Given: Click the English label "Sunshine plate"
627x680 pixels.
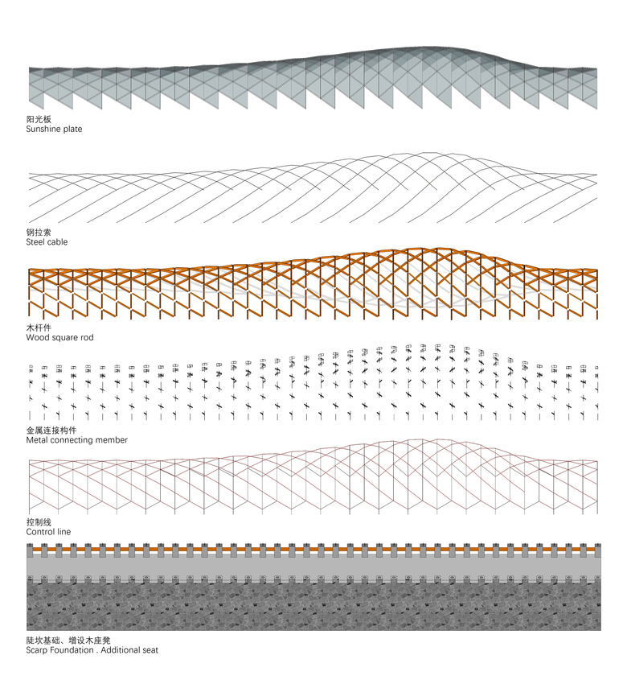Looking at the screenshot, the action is (x=54, y=129).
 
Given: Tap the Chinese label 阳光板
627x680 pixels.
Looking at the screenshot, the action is (x=39, y=119).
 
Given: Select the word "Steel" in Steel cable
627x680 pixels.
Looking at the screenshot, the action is (x=35, y=242).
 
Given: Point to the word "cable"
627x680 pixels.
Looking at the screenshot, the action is (x=56, y=242).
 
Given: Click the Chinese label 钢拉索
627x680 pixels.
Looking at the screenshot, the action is (x=39, y=233).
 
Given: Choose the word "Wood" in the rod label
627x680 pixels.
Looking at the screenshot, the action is (x=36, y=337).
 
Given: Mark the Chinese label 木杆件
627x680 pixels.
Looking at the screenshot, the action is (x=39, y=328).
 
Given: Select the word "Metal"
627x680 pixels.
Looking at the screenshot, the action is (x=37, y=439).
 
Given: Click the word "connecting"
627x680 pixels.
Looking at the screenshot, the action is (x=71, y=440).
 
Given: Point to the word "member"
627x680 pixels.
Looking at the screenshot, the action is (x=111, y=439).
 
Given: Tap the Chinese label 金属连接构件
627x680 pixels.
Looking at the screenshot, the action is (x=51, y=431).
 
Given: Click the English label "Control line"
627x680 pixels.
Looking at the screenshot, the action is (x=48, y=532).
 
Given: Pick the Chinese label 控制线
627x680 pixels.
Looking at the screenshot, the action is (x=39, y=522).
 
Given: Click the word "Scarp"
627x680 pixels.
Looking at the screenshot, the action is (x=37, y=650).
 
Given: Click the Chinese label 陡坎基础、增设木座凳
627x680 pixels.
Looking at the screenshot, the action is (x=68, y=641).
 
